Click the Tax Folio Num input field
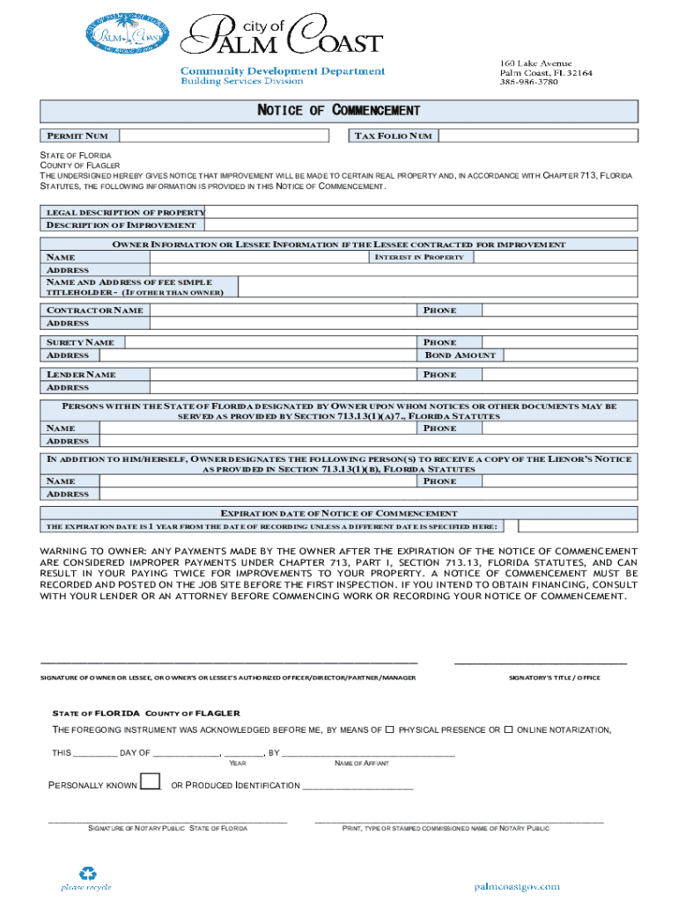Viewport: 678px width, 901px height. click(x=537, y=136)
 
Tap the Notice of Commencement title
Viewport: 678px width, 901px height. click(x=338, y=111)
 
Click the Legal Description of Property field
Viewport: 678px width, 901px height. click(x=421, y=212)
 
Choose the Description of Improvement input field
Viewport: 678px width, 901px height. click(x=421, y=225)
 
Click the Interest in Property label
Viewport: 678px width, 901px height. click(x=419, y=257)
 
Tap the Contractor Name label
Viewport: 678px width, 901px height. click(x=95, y=311)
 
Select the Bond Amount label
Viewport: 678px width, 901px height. click(x=461, y=355)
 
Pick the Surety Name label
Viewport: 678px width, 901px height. click(x=80, y=342)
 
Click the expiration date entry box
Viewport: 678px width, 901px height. click(x=577, y=526)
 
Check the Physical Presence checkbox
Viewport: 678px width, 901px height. click(x=389, y=730)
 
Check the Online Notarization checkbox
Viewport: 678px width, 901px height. click(x=508, y=730)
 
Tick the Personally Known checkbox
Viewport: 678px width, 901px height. click(x=151, y=782)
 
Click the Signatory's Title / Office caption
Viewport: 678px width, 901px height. click(x=555, y=678)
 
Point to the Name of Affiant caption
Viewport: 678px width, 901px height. click(x=362, y=763)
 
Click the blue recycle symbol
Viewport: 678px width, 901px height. click(x=87, y=874)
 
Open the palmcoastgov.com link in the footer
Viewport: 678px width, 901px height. click(x=517, y=887)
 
